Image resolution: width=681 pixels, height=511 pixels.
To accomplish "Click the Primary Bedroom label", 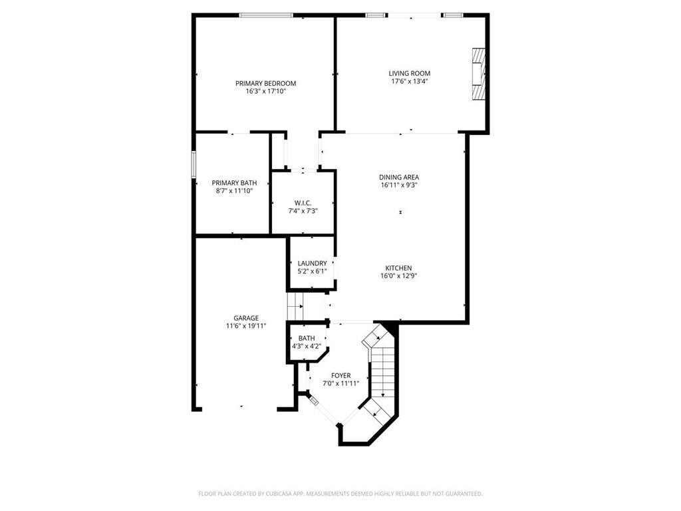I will coord(265,83).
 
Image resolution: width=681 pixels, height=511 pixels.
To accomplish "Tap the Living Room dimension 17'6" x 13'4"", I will coord(409,82).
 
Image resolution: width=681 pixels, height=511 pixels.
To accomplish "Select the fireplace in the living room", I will coord(477,73).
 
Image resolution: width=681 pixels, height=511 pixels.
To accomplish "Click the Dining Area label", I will coord(399,177).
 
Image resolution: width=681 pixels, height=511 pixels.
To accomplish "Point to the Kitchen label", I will coord(398,268).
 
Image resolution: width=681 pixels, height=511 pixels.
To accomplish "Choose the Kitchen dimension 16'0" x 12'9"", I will coord(398,276).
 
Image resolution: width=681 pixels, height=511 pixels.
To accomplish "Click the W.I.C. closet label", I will coord(303,203).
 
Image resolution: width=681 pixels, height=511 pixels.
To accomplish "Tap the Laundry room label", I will coord(312,263).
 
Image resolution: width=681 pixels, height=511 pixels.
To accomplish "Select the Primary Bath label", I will coord(234,183).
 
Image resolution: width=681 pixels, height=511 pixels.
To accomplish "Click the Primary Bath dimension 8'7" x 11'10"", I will coord(234,191).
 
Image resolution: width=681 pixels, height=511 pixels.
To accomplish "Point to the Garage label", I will coord(246,318).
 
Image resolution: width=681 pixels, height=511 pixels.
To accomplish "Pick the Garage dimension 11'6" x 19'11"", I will coord(246,326).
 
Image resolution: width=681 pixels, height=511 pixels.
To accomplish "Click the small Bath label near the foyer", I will coord(307,339).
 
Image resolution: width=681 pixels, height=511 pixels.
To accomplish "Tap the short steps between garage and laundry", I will coord(295,307).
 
